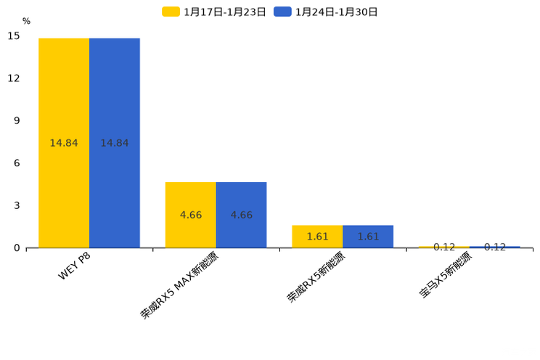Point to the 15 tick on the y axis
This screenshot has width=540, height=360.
[14, 36]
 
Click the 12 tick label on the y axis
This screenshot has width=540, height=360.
[14, 78]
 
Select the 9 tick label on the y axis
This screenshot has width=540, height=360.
[17, 120]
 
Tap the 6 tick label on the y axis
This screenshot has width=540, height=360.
[17, 163]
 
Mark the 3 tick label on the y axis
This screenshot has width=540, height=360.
[17, 205]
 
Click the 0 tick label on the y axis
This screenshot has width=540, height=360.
[17, 248]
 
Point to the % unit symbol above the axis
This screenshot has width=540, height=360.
[26, 21]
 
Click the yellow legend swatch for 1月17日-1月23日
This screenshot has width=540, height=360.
[171, 12]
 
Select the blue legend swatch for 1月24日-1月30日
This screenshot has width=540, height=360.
[282, 12]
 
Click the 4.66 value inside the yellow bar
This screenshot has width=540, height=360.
[190, 216]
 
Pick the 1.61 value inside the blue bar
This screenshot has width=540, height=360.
[368, 237]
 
